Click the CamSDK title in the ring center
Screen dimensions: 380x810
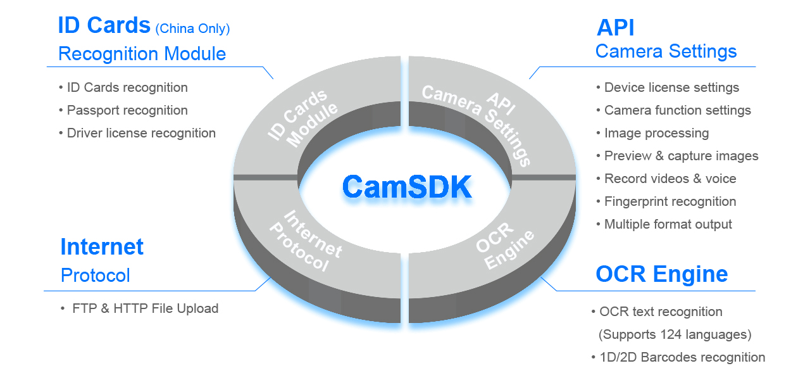pos(407,187)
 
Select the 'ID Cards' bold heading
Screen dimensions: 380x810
pos(104,25)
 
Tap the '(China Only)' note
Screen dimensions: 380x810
pos(192,28)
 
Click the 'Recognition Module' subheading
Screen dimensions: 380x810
pos(142,54)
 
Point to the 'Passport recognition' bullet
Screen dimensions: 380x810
pos(127,110)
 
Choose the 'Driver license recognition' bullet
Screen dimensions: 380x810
pos(141,133)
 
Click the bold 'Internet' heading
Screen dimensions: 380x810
pos(102,246)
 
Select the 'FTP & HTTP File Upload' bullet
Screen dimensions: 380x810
pos(145,308)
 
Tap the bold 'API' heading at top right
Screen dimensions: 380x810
pos(615,27)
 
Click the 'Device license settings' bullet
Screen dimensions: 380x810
pos(671,87)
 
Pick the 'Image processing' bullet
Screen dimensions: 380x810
pos(656,133)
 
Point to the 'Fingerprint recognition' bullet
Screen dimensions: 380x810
pos(670,201)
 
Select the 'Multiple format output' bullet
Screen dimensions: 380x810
pos(668,224)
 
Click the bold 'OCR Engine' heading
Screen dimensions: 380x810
pos(661,274)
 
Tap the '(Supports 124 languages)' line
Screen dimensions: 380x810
pos(675,334)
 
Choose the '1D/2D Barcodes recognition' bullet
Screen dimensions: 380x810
pos(682,357)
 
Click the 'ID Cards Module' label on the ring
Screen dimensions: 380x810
pos(303,118)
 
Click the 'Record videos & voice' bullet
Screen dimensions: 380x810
pos(670,179)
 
